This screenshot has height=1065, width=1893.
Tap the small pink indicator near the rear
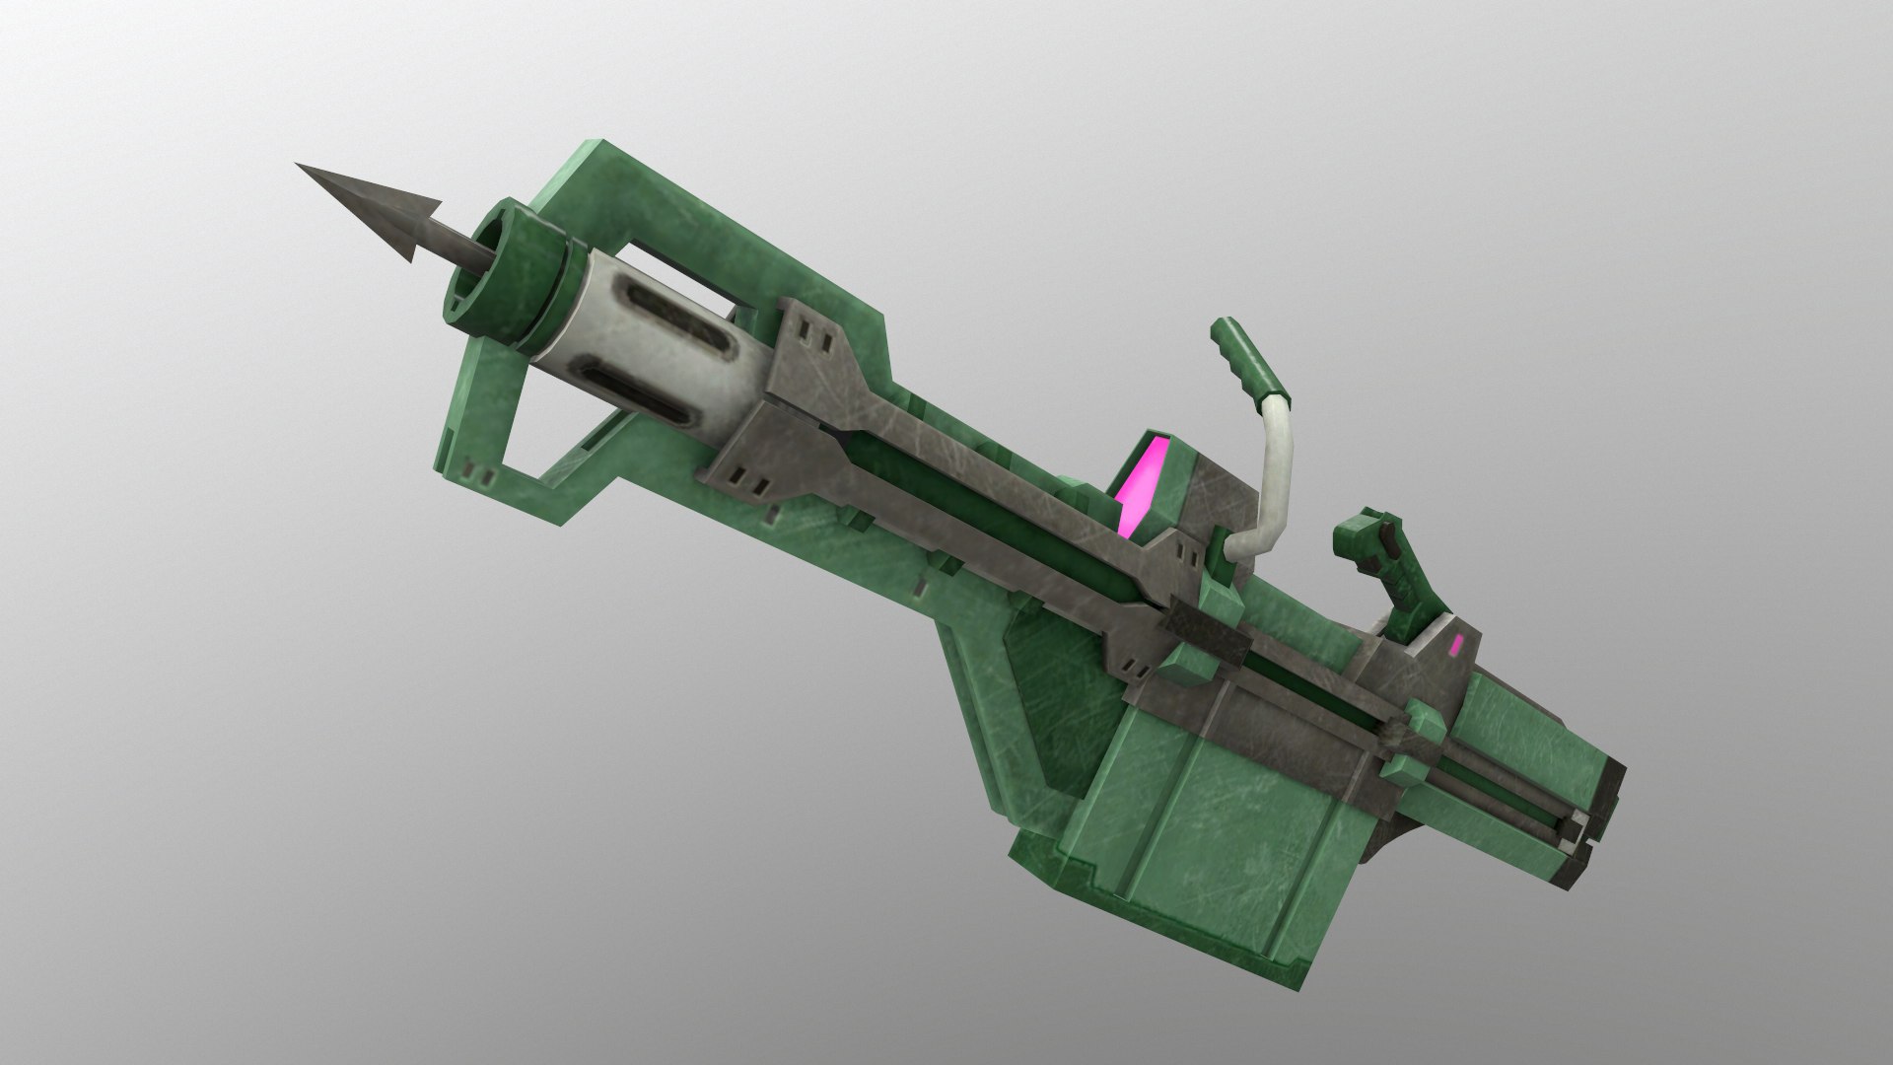click(x=1457, y=646)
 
